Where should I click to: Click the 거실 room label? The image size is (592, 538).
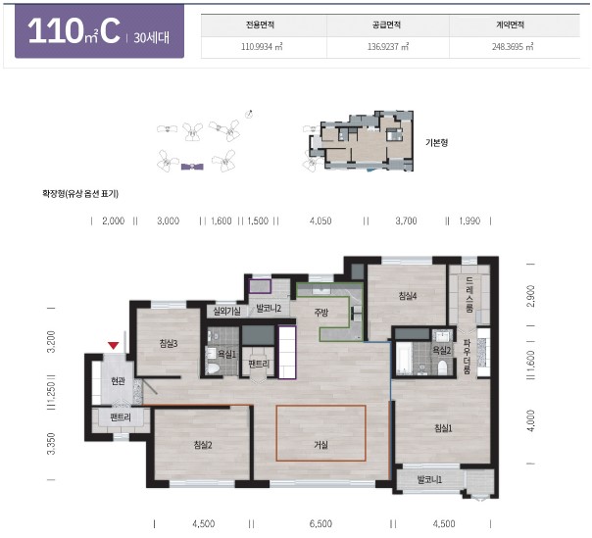click(x=321, y=445)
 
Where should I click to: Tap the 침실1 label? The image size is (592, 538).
click(x=443, y=428)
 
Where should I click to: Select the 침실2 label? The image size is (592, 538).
click(x=203, y=445)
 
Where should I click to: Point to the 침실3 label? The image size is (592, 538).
click(x=169, y=344)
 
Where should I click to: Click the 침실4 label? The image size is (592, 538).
click(x=408, y=296)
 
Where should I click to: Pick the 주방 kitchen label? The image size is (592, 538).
click(x=321, y=312)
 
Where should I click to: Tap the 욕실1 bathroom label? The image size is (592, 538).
click(x=227, y=354)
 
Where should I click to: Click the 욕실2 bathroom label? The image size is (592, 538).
click(x=442, y=351)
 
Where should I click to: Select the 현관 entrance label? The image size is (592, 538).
click(x=118, y=381)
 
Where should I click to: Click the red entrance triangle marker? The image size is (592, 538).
click(x=114, y=345)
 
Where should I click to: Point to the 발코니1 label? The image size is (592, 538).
click(x=429, y=480)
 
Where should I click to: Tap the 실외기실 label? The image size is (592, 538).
click(x=226, y=311)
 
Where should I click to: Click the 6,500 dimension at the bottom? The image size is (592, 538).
click(x=321, y=523)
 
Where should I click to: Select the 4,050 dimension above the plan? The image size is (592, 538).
click(x=321, y=220)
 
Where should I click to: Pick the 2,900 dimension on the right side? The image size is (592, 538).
click(x=530, y=296)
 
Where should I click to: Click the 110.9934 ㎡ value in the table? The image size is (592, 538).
click(x=262, y=47)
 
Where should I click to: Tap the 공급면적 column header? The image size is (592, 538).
click(x=386, y=24)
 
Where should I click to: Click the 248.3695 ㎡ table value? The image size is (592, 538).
click(x=513, y=47)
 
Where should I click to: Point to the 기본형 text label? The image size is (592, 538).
click(x=436, y=143)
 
